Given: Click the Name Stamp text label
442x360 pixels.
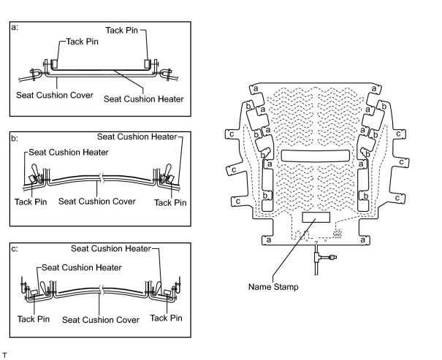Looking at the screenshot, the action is tap(273, 287).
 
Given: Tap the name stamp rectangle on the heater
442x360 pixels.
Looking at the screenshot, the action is tap(316, 217).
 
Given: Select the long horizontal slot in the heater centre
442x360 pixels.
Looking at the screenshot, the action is tap(316, 156).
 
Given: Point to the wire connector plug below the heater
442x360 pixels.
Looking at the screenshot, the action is tap(332, 257).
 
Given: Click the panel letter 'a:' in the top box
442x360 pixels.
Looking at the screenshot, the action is tap(15, 27).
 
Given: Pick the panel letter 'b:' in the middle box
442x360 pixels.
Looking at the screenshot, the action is tap(15, 138).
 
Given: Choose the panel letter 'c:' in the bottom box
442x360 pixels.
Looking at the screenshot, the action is tap(15, 249).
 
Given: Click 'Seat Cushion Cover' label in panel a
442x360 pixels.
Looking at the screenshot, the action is tap(55, 95).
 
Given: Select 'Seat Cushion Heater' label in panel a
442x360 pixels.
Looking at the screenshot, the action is tap(143, 99).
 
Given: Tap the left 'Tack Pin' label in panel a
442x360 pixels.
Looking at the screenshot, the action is tap(83, 42).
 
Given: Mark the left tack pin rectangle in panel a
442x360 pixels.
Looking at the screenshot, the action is tap(54, 64).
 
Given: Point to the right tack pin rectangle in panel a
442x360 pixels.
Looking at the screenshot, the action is tap(148, 64).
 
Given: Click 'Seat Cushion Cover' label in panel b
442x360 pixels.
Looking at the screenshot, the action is tap(97, 202).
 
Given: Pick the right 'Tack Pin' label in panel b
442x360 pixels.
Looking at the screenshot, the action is tap(170, 202).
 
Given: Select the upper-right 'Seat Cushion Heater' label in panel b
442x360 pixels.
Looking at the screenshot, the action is tap(137, 137).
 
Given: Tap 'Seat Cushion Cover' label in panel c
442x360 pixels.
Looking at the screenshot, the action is tap(101, 320).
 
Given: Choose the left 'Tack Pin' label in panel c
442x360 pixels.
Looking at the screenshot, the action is tap(34, 319).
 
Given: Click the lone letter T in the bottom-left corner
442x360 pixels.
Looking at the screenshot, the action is tap(4, 355).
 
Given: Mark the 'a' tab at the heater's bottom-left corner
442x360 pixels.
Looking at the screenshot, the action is tap(268, 240).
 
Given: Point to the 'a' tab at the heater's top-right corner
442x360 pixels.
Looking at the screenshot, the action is tap(374, 89).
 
